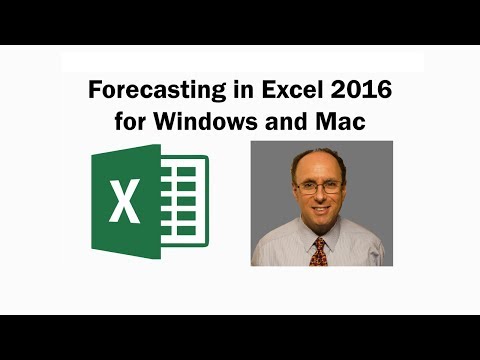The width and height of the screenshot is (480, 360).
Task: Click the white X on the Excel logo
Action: pyautogui.click(x=125, y=203)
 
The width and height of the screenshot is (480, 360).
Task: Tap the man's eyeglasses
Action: pyautogui.click(x=321, y=187)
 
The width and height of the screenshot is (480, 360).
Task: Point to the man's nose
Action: pyautogui.click(x=321, y=197)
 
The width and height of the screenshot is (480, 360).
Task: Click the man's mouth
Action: pyautogui.click(x=321, y=210)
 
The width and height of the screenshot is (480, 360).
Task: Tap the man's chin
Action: pyautogui.click(x=321, y=222)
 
